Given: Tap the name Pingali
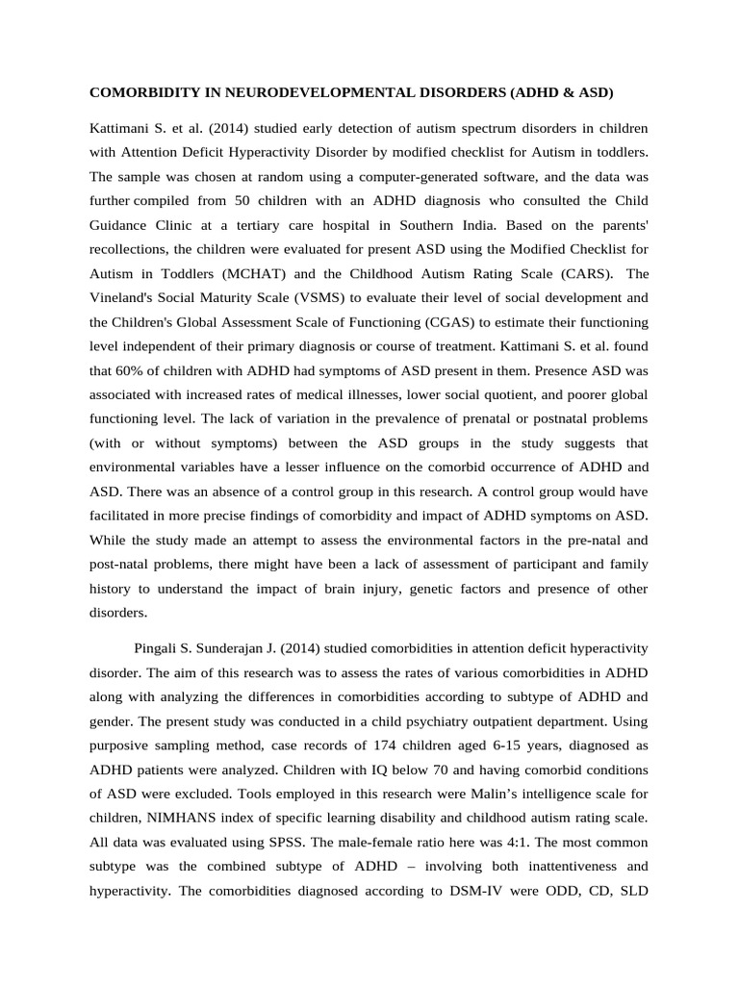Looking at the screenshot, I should tap(169, 649).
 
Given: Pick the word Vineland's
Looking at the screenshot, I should tap(125, 297).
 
